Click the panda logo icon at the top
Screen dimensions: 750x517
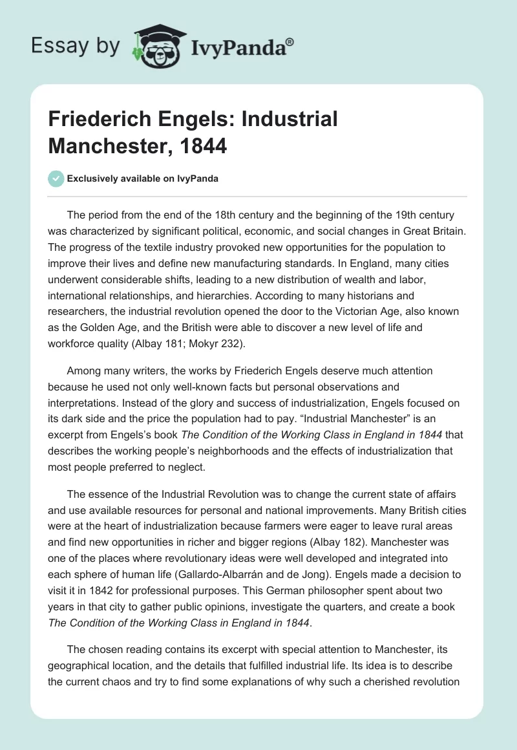point(157,45)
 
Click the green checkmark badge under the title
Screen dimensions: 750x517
point(56,178)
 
